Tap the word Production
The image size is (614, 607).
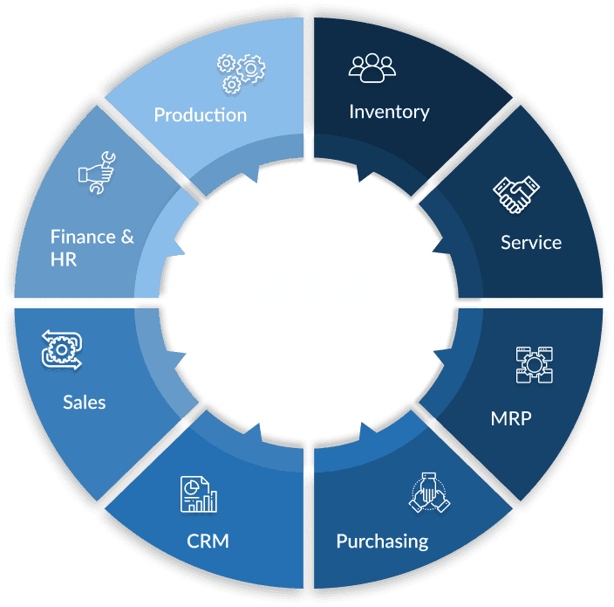pos(200,114)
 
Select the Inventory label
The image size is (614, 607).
pos(389,112)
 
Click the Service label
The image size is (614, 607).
pos(530,242)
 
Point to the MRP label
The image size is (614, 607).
pos(510,417)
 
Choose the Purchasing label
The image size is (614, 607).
pos(382,541)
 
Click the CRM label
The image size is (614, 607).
pos(208,541)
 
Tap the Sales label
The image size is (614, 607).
pos(84,402)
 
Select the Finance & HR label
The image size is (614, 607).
pos(92,247)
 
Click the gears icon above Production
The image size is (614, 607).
pos(240,72)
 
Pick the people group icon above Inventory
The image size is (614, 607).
pos(372,69)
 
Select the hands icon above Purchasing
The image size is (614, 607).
pos(430,492)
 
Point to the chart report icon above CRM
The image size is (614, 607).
pos(199,493)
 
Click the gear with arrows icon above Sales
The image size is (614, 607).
pos(61,350)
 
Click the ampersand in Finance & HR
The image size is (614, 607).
pos(126,237)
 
